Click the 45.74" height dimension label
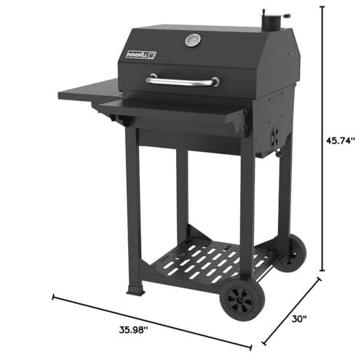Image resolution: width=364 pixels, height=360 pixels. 340,140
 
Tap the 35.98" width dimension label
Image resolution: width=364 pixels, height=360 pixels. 133,329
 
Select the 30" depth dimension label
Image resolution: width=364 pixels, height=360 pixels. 299,319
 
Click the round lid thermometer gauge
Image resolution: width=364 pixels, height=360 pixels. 193,40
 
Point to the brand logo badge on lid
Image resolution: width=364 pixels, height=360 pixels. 141,55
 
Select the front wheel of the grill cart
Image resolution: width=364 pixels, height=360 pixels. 242,300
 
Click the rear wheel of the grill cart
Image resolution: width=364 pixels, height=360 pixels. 291,253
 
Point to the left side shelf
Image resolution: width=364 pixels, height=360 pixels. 90,90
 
